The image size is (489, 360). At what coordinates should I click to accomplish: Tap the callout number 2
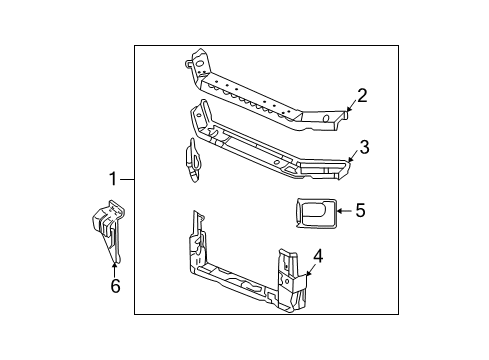click(x=362, y=96)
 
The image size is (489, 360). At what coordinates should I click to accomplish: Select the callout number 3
click(x=365, y=147)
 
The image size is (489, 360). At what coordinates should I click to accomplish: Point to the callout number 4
click(x=317, y=257)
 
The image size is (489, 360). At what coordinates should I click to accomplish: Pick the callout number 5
click(x=360, y=210)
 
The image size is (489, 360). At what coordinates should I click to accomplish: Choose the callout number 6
click(x=115, y=287)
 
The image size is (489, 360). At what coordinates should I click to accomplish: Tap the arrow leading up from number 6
click(x=115, y=265)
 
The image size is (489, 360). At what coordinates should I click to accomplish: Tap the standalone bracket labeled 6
click(x=110, y=230)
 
